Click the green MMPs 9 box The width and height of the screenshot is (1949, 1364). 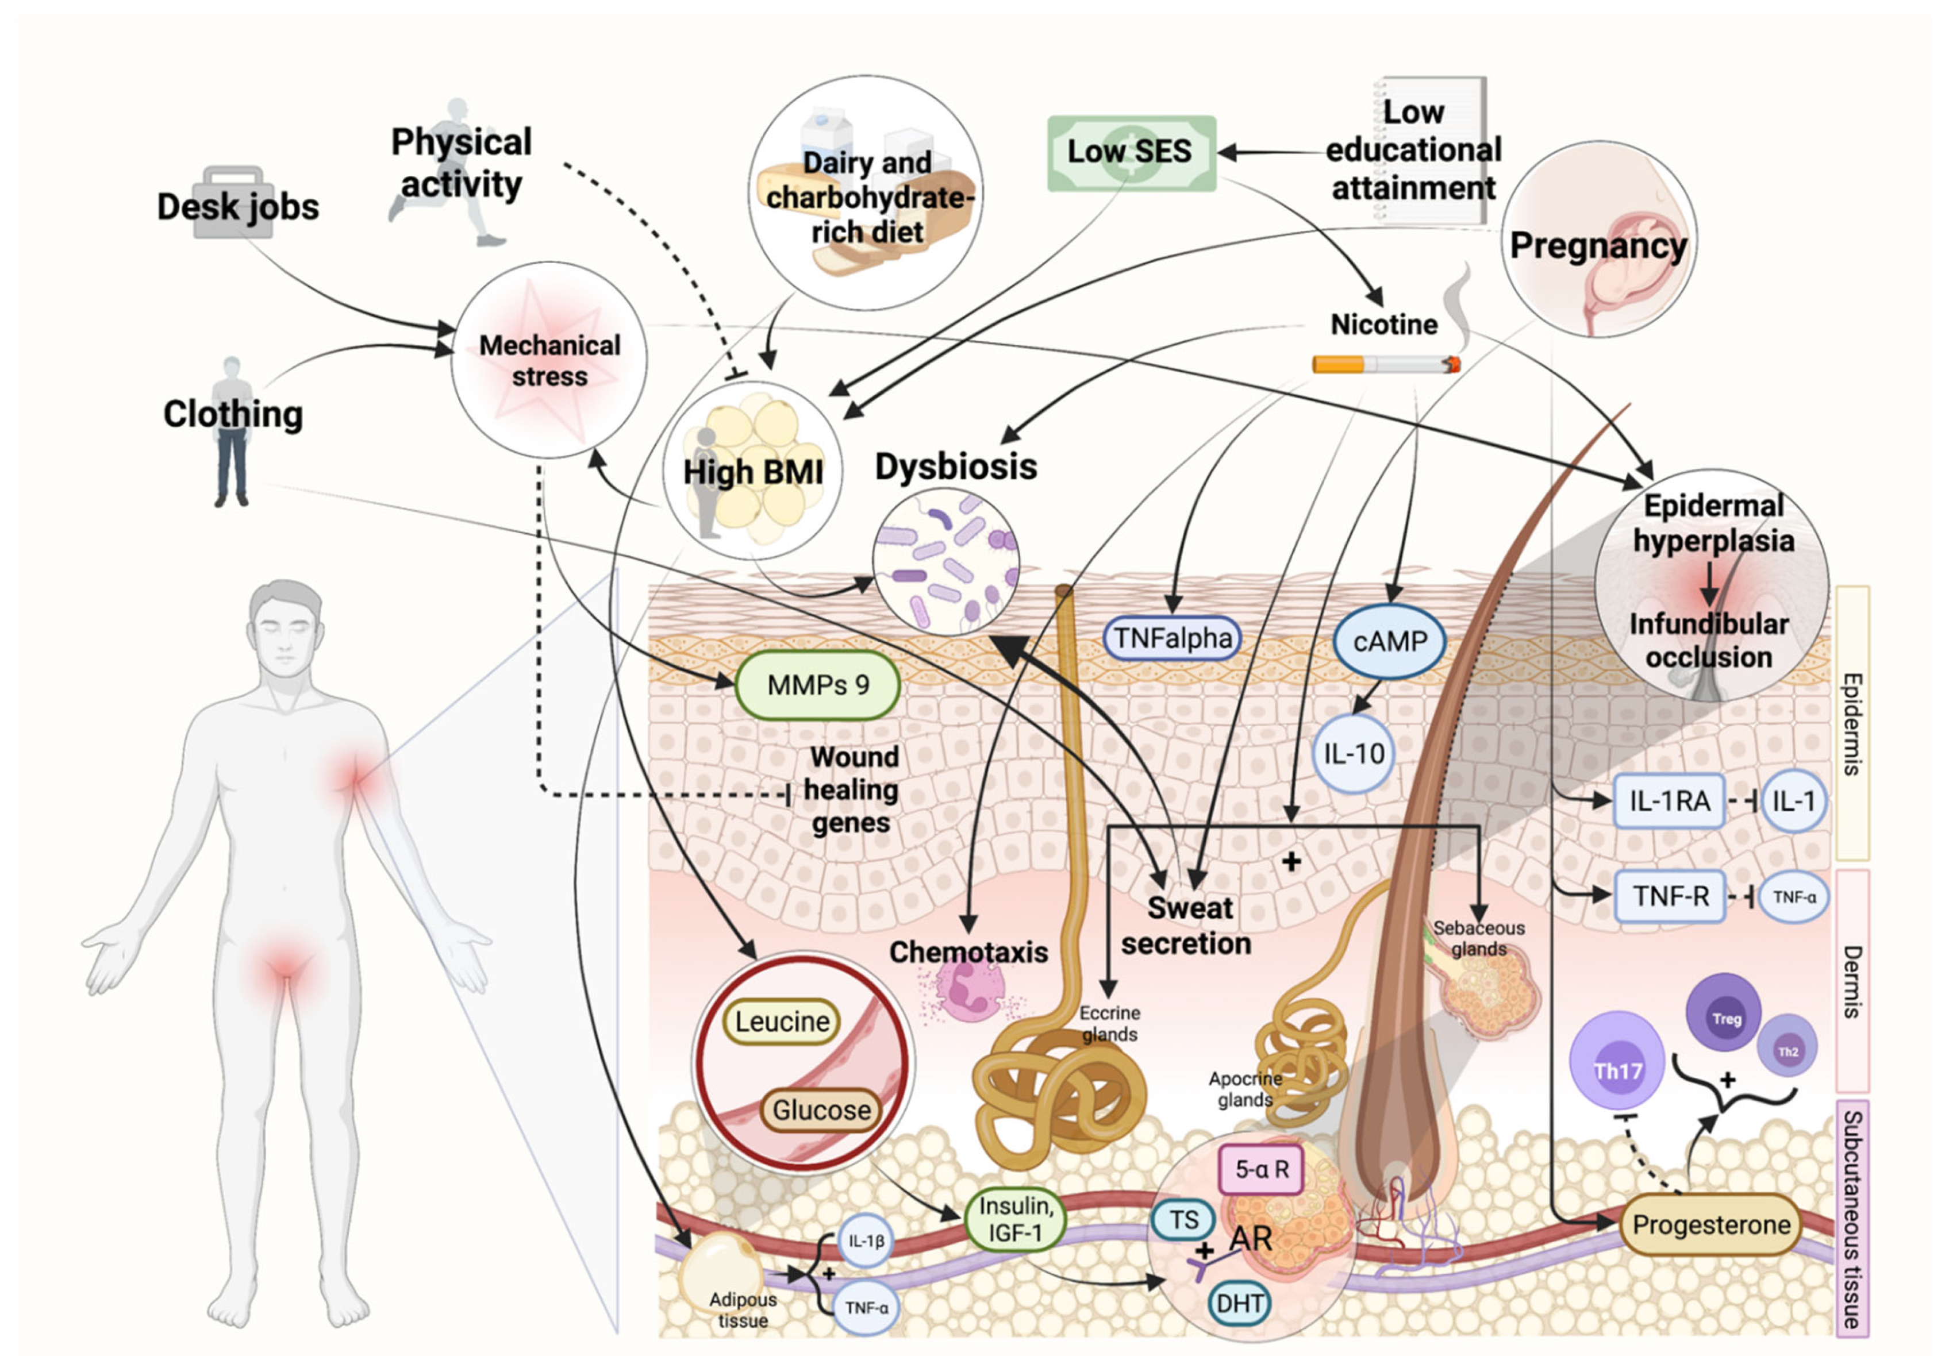(817, 685)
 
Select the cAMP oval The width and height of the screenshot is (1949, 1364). (1390, 642)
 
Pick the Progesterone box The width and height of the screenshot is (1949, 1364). (1710, 1225)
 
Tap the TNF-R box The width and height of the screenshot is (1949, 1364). (1670, 896)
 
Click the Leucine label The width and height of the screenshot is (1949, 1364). (781, 1021)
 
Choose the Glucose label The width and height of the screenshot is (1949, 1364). (820, 1109)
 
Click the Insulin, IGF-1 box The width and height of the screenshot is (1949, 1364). (1015, 1219)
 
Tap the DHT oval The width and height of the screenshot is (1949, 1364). (1239, 1303)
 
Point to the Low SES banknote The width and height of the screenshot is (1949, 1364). (1131, 153)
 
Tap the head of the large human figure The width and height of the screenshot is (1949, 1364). (286, 628)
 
